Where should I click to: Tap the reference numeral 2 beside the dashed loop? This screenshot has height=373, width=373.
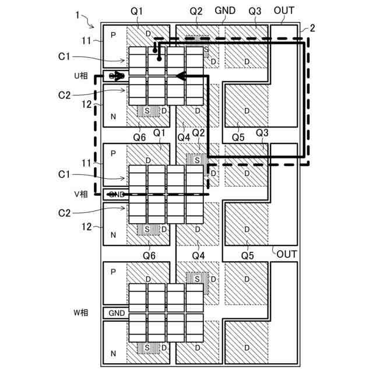312,28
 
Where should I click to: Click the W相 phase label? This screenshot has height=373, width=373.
80,313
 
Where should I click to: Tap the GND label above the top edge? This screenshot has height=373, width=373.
225,10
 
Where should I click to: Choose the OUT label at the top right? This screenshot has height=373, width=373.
284,10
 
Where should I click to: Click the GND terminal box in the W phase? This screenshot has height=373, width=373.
117,313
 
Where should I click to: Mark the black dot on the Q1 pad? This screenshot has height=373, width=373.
157,52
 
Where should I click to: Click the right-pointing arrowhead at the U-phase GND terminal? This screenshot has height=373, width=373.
119,76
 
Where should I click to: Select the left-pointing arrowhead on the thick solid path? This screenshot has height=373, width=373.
181,76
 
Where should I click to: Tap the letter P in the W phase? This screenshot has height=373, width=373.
114,272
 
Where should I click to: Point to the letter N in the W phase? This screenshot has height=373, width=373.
114,353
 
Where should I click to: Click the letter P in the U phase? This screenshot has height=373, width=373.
114,36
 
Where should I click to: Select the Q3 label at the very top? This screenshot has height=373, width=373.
255,10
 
